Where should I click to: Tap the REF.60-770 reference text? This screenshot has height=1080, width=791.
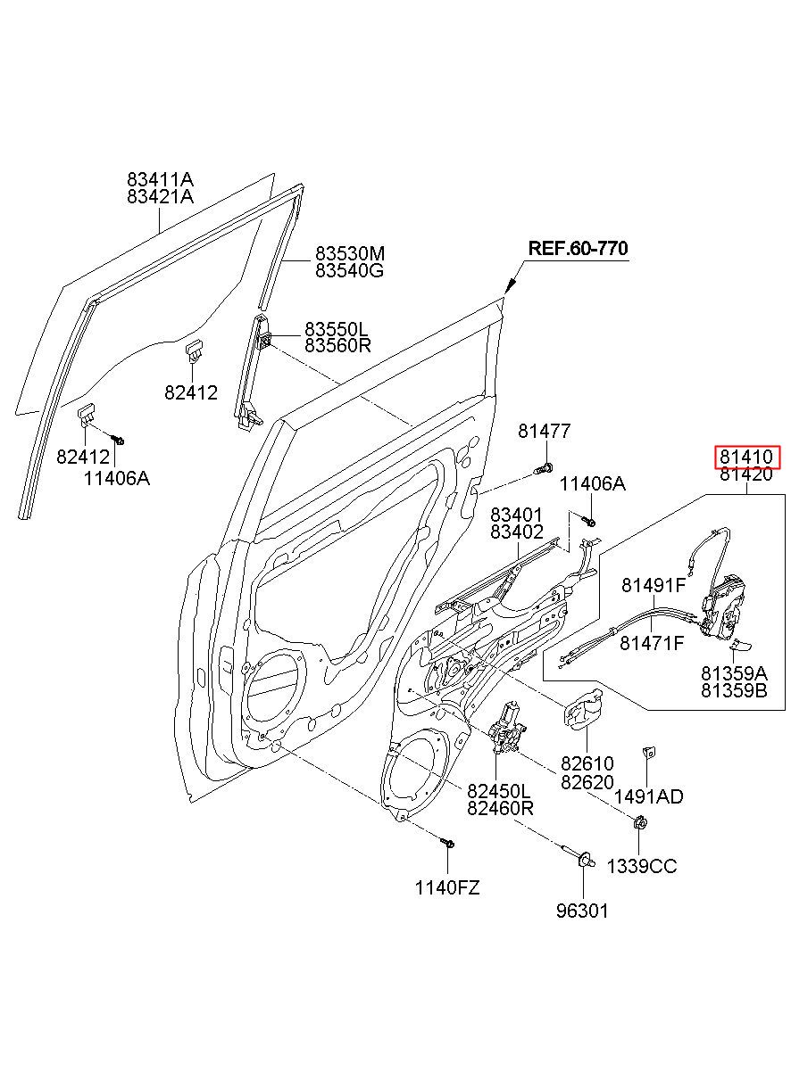pyautogui.click(x=578, y=248)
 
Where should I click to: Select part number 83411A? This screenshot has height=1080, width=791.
pyautogui.click(x=160, y=180)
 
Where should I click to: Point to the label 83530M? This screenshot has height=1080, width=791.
pyautogui.click(x=350, y=253)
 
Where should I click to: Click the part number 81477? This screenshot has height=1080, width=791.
pyautogui.click(x=545, y=431)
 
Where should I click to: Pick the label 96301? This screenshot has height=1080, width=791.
pyautogui.click(x=582, y=911)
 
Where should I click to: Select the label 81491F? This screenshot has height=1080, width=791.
pyautogui.click(x=654, y=585)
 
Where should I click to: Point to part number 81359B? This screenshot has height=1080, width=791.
pyautogui.click(x=734, y=691)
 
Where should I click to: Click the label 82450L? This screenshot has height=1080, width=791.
pyautogui.click(x=499, y=791)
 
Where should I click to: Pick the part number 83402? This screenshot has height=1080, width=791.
pyautogui.click(x=517, y=532)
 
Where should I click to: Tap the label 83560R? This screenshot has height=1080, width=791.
pyautogui.click(x=337, y=345)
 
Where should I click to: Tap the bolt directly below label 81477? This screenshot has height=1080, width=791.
pyautogui.click(x=544, y=467)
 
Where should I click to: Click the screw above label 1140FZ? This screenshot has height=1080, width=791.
pyautogui.click(x=447, y=842)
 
